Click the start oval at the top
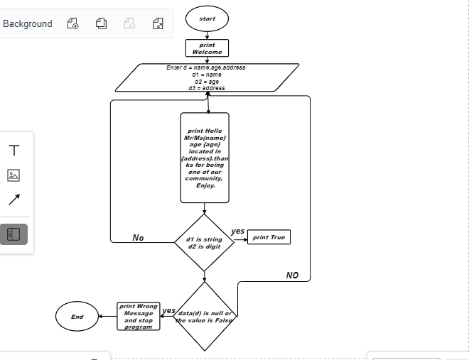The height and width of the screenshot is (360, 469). pyautogui.click(x=207, y=18)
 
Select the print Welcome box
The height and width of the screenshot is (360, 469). pyautogui.click(x=207, y=48)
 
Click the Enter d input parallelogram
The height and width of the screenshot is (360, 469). pyautogui.click(x=207, y=77)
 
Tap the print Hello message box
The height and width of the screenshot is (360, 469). pyautogui.click(x=205, y=158)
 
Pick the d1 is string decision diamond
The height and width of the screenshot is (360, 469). pyautogui.click(x=204, y=243)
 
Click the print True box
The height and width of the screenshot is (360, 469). pyautogui.click(x=269, y=237)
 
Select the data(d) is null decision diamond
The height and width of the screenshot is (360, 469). pyautogui.click(x=205, y=317)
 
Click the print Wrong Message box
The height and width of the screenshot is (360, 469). pyautogui.click(x=138, y=317)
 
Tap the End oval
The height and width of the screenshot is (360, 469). pyautogui.click(x=77, y=317)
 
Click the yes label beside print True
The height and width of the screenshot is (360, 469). pyautogui.click(x=238, y=231)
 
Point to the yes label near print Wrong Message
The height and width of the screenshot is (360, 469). pyautogui.click(x=168, y=311)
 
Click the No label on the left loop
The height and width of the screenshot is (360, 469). pyautogui.click(x=138, y=237)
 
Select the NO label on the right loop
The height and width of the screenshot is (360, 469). pyautogui.click(x=292, y=276)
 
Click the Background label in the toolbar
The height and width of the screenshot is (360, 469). pyautogui.click(x=28, y=23)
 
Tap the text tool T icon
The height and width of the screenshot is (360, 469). pyautogui.click(x=14, y=151)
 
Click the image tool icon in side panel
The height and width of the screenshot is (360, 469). pyautogui.click(x=14, y=175)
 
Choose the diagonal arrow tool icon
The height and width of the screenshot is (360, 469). pyautogui.click(x=14, y=200)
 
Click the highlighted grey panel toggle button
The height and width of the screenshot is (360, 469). pyautogui.click(x=14, y=234)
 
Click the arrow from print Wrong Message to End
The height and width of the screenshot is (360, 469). pyautogui.click(x=108, y=317)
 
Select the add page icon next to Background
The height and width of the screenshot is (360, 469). pyautogui.click(x=72, y=23)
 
